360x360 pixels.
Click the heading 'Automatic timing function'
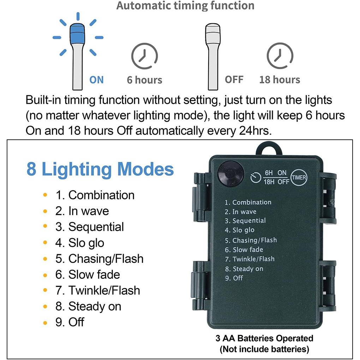click(185, 6)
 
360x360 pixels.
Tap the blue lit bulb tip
click(77, 33)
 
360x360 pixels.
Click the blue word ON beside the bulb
click(96, 80)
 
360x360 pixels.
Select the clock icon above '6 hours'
click(145, 56)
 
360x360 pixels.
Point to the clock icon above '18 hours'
click(280, 55)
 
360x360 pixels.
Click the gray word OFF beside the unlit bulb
click(234, 80)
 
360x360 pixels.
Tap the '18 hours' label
click(280, 80)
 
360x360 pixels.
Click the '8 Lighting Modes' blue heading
click(100, 169)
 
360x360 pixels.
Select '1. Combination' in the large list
click(95, 195)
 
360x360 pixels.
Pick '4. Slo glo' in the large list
click(80, 243)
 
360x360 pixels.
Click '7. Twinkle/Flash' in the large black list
click(97, 290)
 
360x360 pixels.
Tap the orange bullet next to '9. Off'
click(45, 323)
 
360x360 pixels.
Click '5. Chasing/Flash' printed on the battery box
click(251, 240)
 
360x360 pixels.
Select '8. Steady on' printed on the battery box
click(244, 269)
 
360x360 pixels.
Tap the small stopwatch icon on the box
click(256, 178)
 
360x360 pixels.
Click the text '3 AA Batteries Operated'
click(264, 338)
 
